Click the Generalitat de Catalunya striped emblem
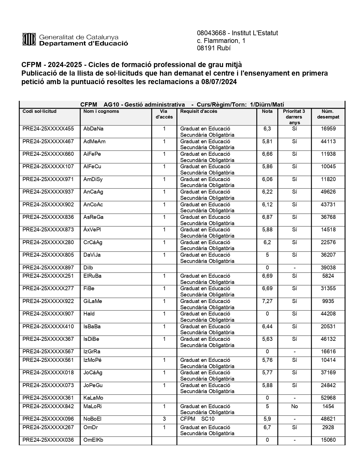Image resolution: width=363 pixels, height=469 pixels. point(29,39)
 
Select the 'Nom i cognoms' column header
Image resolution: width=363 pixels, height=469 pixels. point(101,111)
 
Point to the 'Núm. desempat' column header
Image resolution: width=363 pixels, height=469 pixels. point(328,114)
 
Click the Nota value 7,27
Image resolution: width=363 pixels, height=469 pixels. point(267,301)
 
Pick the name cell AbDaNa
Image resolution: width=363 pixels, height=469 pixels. point(93,129)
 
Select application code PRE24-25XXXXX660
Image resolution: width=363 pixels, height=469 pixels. point(48,154)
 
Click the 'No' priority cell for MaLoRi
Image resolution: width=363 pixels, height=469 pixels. point(294,406)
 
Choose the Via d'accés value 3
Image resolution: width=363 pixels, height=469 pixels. point(164,419)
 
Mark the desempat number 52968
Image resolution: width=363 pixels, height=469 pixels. point(328,398)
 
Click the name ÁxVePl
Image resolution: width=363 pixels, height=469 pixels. point(92,230)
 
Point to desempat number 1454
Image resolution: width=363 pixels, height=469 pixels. point(328,406)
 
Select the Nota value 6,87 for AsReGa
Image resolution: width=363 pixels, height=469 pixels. point(267,217)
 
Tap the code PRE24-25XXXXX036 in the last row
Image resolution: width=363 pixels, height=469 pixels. point(48,440)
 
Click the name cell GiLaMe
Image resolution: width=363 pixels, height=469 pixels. point(93,301)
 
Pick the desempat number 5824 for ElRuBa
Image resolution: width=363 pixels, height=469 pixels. point(328,276)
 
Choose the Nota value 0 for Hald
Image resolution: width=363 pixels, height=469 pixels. point(267,314)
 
